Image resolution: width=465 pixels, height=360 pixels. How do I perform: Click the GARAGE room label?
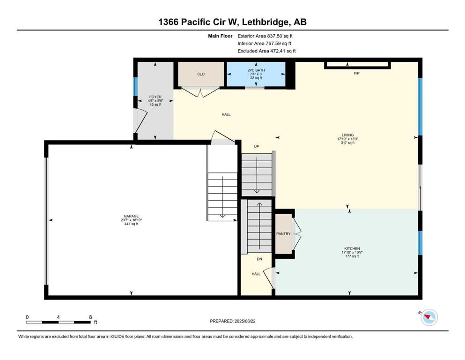[x=132, y=216]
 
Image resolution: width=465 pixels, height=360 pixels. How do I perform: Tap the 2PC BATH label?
[x=256, y=70]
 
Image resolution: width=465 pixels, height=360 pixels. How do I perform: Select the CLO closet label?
[x=201, y=74]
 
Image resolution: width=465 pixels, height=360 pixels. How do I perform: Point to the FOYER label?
[x=155, y=97]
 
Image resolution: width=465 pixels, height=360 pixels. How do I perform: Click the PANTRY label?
[x=283, y=234]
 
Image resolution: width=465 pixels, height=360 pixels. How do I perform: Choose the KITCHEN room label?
[x=352, y=248]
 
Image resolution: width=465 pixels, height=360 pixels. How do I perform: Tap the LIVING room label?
[x=347, y=135]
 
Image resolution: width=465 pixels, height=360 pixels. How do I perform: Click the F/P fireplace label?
[x=356, y=73]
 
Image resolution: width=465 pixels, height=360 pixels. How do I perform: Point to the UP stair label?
[x=257, y=146]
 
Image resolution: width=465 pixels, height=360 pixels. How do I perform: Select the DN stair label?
[x=259, y=259]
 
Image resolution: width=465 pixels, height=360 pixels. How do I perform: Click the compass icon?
[x=428, y=317]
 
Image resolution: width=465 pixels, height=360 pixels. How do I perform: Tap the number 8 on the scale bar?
[x=90, y=317]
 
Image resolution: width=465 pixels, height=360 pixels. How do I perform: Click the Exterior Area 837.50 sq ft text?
[x=265, y=36]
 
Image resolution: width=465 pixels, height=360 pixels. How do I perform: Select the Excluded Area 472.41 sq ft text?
[x=266, y=51]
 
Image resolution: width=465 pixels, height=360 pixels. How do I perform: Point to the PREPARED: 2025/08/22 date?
[x=232, y=321]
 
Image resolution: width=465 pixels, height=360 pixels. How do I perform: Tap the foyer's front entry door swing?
[x=140, y=121]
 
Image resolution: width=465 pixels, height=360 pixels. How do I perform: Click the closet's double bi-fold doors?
[x=201, y=92]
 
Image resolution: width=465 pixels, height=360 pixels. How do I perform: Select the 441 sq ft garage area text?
[x=132, y=224]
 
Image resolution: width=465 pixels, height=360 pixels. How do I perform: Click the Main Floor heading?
[x=220, y=36]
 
